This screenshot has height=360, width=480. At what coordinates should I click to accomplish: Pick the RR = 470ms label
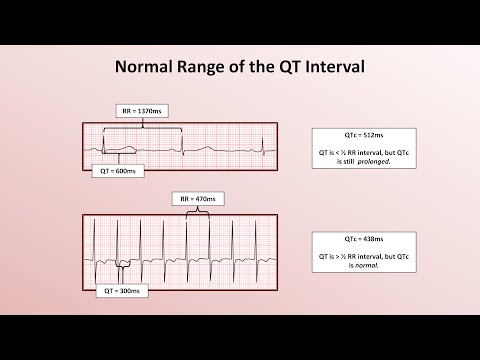click(x=195, y=198)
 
